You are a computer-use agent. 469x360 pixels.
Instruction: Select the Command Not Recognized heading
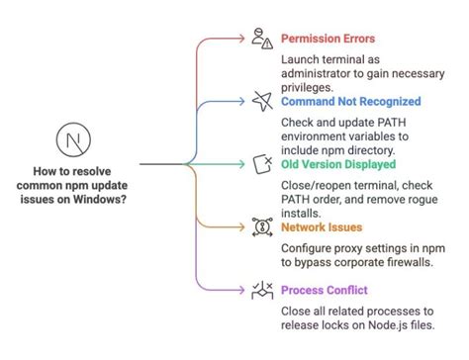[350, 101]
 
